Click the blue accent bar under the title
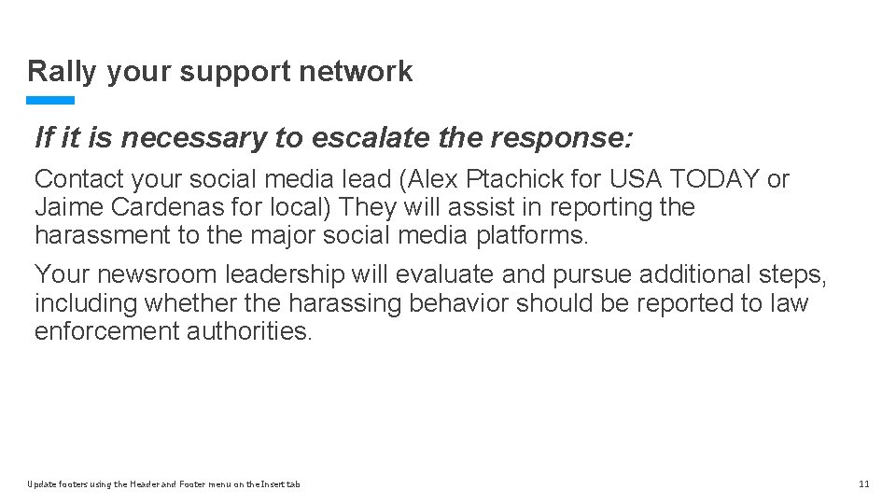click(x=50, y=100)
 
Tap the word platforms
click(x=531, y=235)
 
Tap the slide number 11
click(x=863, y=483)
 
